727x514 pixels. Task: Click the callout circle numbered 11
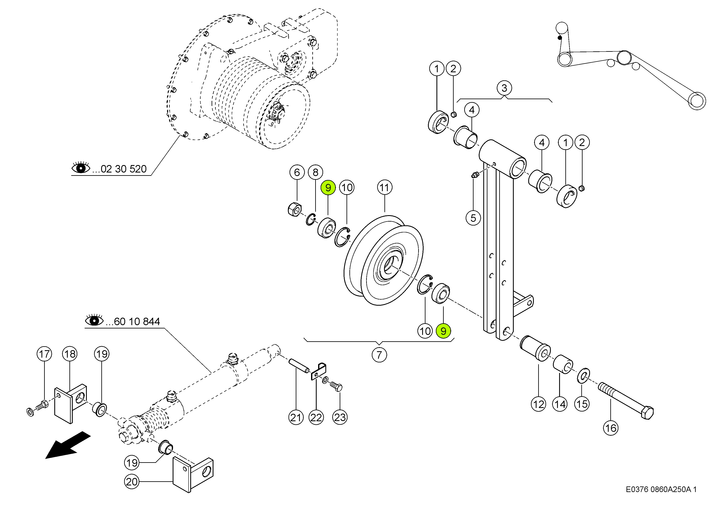384,188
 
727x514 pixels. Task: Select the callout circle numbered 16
611,428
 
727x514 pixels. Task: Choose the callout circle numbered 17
44,354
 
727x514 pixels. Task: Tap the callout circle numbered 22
316,418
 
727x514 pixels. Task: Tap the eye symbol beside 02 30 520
81,168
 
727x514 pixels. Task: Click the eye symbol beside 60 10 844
94,321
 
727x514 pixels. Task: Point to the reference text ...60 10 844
133,322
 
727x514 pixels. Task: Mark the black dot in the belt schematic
560,38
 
